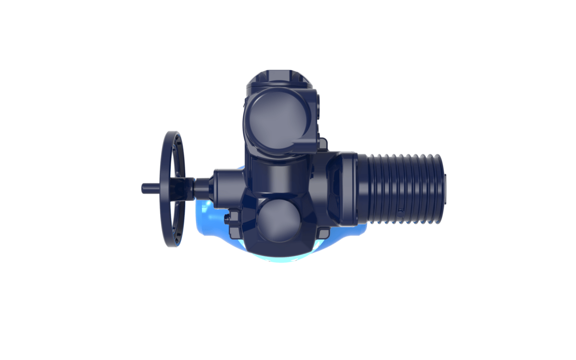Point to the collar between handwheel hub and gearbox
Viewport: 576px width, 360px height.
[203, 187]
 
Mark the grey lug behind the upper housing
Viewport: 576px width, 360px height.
[324, 144]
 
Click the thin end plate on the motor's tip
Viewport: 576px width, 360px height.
[444, 187]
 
